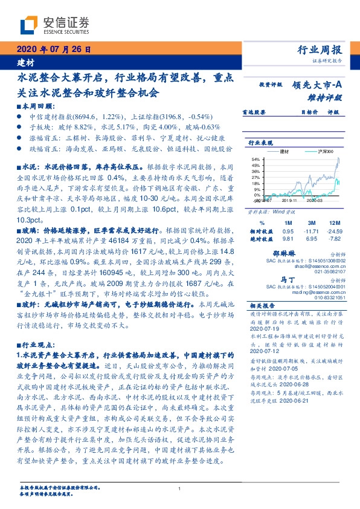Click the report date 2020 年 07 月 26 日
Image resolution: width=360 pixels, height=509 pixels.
click(x=48, y=50)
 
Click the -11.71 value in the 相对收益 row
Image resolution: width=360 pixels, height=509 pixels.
click(x=310, y=231)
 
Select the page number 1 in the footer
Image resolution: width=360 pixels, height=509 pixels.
click(x=180, y=488)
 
